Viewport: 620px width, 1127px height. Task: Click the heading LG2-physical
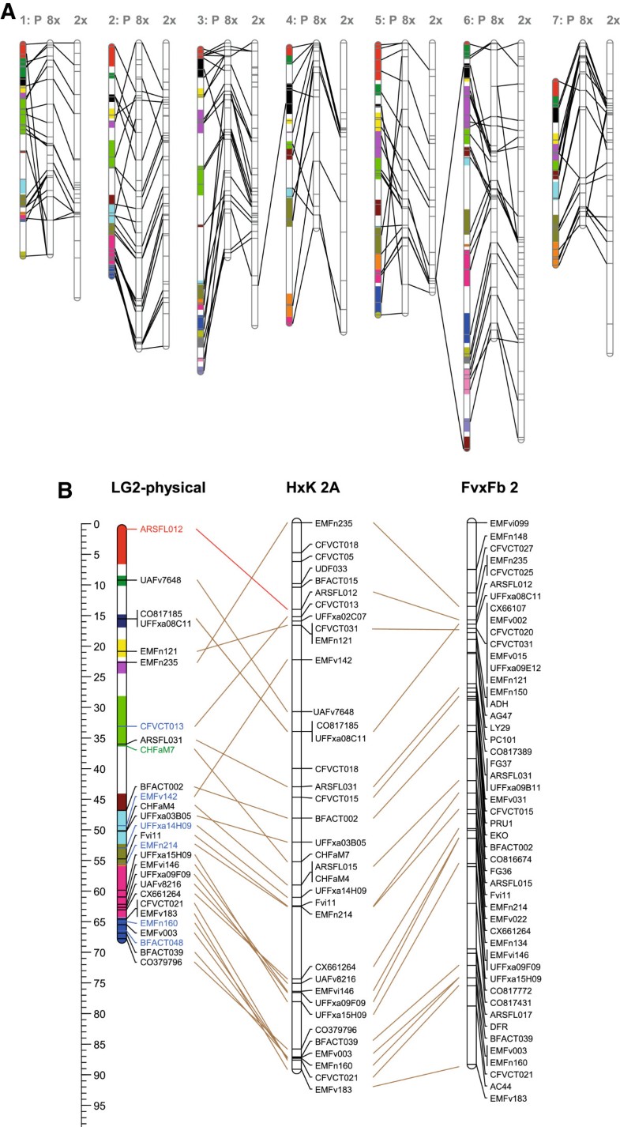(x=159, y=488)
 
